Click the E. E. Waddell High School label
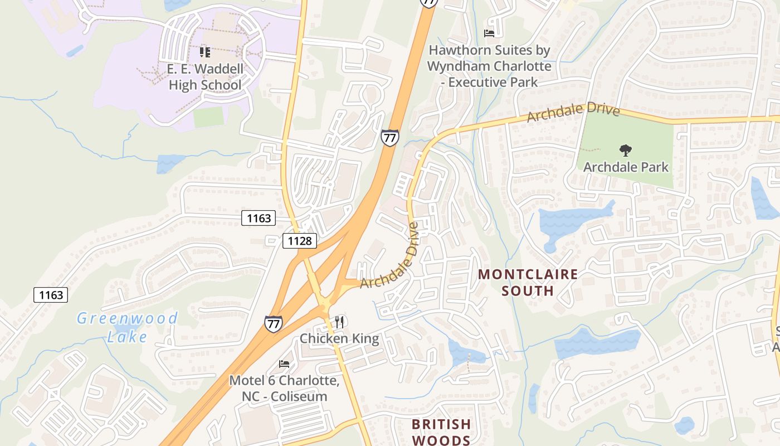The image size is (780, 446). click(x=205, y=77)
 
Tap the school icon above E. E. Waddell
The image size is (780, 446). click(x=205, y=52)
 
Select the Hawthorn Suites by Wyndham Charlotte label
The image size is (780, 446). click(x=489, y=66)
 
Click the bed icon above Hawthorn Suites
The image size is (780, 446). click(x=489, y=33)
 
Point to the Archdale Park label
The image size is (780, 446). click(x=626, y=167)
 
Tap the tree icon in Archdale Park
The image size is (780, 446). click(x=626, y=150)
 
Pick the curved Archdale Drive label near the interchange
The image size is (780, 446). click(x=390, y=256)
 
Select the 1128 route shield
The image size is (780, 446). click(x=300, y=241)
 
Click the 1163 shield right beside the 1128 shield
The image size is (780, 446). click(x=259, y=218)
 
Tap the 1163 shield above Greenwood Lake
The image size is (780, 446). click(x=51, y=294)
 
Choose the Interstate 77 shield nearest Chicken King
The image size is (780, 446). click(x=273, y=323)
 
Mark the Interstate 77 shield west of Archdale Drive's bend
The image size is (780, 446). click(x=390, y=137)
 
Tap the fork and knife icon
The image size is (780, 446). click(x=339, y=322)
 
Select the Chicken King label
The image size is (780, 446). click(x=339, y=338)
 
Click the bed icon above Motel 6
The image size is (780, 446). click(x=284, y=364)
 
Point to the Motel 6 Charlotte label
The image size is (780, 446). click(x=284, y=389)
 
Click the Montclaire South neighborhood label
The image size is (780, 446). click(x=528, y=282)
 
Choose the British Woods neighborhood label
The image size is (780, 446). click(x=441, y=432)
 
